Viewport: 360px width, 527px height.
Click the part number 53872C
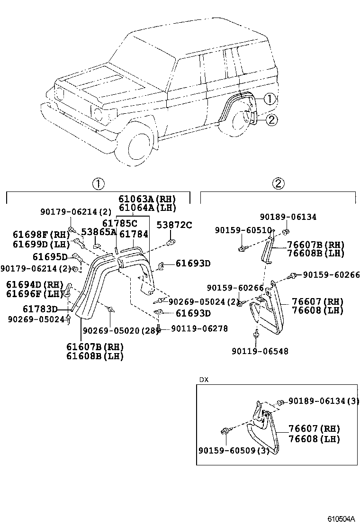tap(174, 225)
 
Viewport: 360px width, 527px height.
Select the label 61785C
tap(120, 223)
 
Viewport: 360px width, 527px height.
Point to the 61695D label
tap(50, 256)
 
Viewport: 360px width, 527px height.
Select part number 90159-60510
tap(243, 230)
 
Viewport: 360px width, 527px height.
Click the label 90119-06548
tap(260, 351)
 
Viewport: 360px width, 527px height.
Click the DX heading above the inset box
tap(203, 380)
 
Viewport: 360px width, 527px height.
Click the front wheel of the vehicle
tap(138, 145)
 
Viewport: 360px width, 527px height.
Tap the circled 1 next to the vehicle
tap(269, 99)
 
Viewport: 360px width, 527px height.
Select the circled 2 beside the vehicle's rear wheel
tap(271, 120)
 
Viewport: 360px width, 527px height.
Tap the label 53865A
tap(99, 232)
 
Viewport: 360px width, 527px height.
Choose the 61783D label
tap(40, 309)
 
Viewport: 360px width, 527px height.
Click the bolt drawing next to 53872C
tap(172, 242)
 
